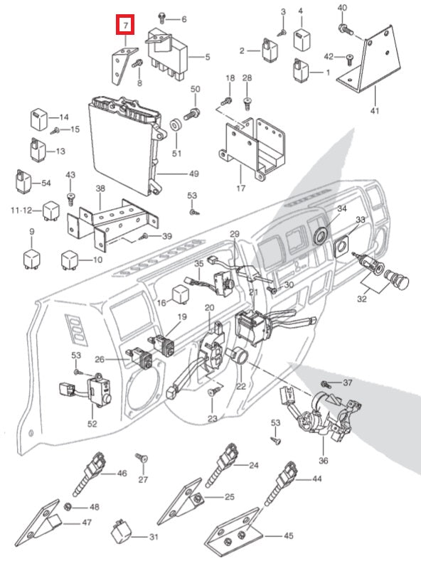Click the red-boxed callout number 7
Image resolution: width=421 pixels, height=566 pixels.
click(x=125, y=26)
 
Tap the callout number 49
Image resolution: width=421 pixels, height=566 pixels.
click(x=194, y=173)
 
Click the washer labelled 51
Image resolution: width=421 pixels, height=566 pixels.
click(x=176, y=125)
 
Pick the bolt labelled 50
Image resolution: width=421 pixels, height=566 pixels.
click(x=192, y=114)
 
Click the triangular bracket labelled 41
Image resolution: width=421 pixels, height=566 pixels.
click(x=369, y=61)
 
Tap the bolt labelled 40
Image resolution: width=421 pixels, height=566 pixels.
click(x=345, y=29)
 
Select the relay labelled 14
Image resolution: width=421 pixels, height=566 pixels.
click(x=38, y=119)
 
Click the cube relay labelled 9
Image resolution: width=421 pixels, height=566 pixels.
click(x=32, y=258)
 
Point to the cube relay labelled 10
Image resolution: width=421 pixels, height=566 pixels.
click(x=70, y=260)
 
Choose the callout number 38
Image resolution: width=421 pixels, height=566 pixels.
click(x=100, y=188)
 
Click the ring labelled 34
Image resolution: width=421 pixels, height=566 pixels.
click(x=321, y=235)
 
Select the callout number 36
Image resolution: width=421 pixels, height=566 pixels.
click(x=324, y=461)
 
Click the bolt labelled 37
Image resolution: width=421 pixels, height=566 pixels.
click(x=326, y=384)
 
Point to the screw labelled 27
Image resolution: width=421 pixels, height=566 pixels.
click(x=142, y=458)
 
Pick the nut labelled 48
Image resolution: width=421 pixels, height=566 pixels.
click(x=67, y=506)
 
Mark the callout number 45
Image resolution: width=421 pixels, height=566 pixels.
click(x=289, y=535)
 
